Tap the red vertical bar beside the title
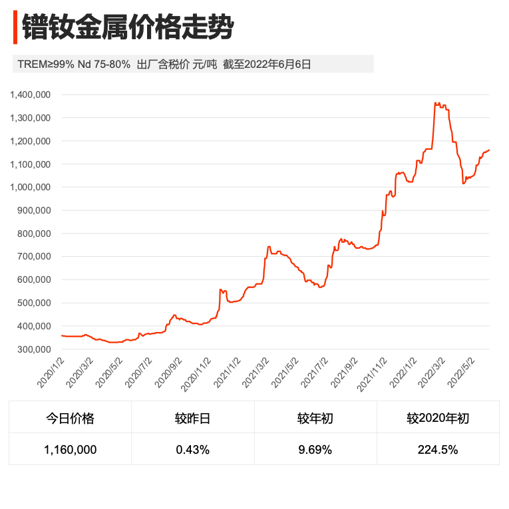(15, 28)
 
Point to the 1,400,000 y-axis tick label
(31, 94)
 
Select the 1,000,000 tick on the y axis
(31, 188)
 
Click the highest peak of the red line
(436, 103)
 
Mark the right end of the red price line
(489, 150)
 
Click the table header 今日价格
(70, 419)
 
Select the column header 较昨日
(192, 419)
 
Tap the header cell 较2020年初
(438, 419)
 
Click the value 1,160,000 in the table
(70, 450)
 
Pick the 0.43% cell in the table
(192, 450)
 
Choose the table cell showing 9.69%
(315, 450)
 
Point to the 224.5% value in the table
(438, 450)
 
